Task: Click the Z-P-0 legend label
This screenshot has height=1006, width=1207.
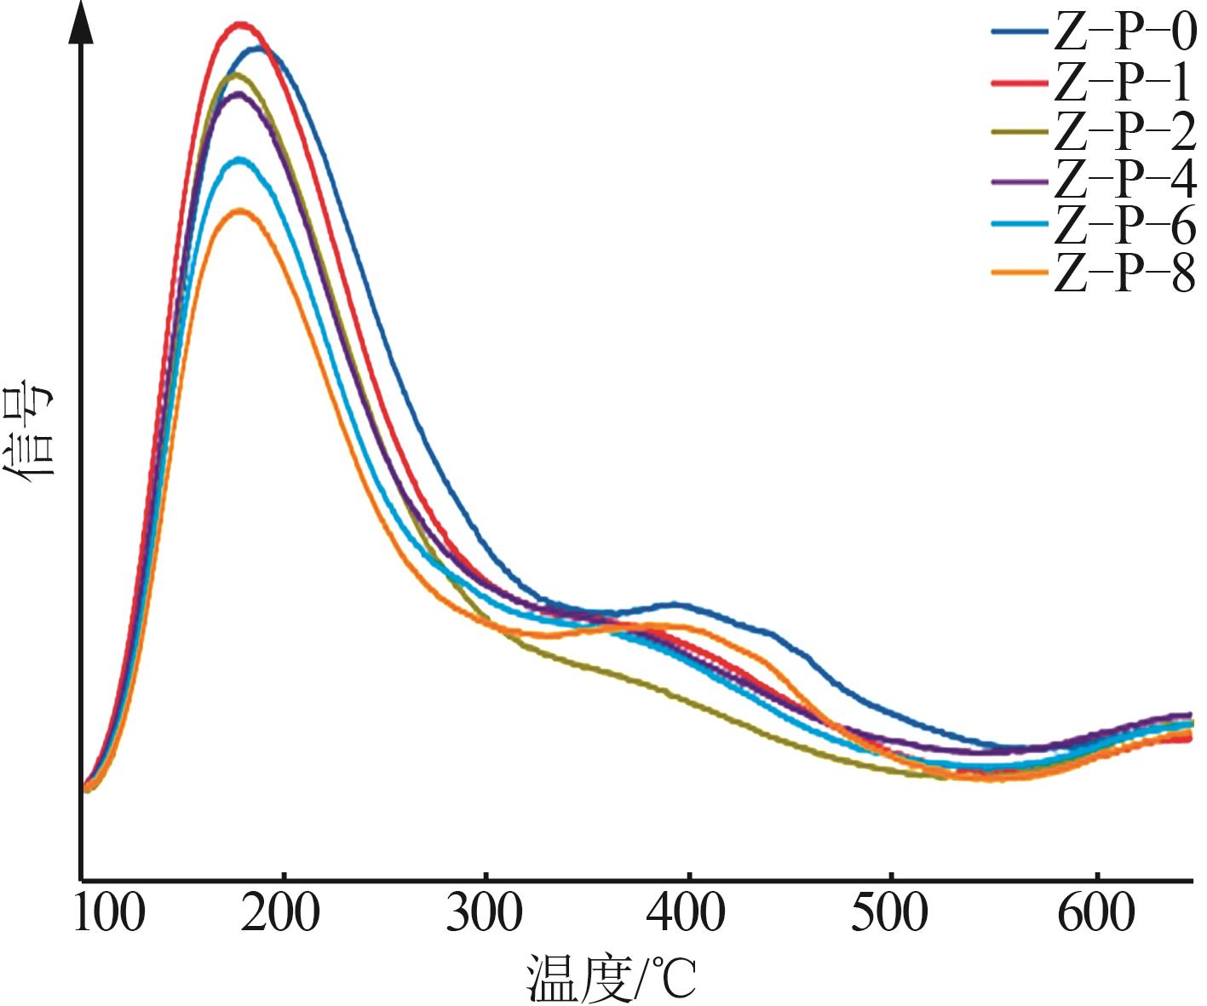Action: (1124, 33)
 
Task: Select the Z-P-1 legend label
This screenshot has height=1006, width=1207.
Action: (1124, 82)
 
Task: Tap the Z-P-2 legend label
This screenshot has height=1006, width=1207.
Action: (1124, 130)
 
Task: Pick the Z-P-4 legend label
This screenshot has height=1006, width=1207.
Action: (1124, 179)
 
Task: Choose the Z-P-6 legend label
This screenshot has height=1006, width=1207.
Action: (1124, 225)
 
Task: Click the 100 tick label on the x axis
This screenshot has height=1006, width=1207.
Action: (110, 912)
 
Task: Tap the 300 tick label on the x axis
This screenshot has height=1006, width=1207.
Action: (485, 912)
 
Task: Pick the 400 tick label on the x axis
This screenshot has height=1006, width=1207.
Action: (687, 912)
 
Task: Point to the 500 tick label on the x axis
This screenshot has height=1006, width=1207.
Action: (889, 912)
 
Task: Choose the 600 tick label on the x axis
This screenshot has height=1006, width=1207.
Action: (1095, 912)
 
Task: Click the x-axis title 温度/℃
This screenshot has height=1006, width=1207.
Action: (612, 977)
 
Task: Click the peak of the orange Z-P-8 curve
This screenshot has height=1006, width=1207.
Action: (240, 210)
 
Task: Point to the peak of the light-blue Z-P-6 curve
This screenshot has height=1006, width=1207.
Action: (240, 159)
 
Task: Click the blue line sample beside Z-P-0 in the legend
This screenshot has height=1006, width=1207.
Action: (1019, 33)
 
